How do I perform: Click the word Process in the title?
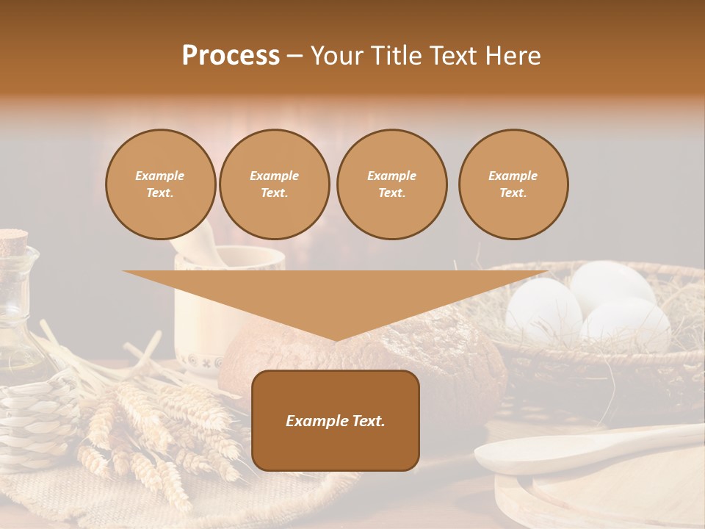click(231, 55)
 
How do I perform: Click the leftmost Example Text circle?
click(160, 184)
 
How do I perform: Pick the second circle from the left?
click(274, 184)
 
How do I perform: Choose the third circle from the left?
click(391, 184)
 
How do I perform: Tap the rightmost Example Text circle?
click(513, 184)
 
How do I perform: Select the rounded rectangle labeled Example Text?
click(335, 420)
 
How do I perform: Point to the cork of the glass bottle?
click(12, 240)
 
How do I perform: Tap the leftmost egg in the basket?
click(543, 309)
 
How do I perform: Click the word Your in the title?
click(337, 55)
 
